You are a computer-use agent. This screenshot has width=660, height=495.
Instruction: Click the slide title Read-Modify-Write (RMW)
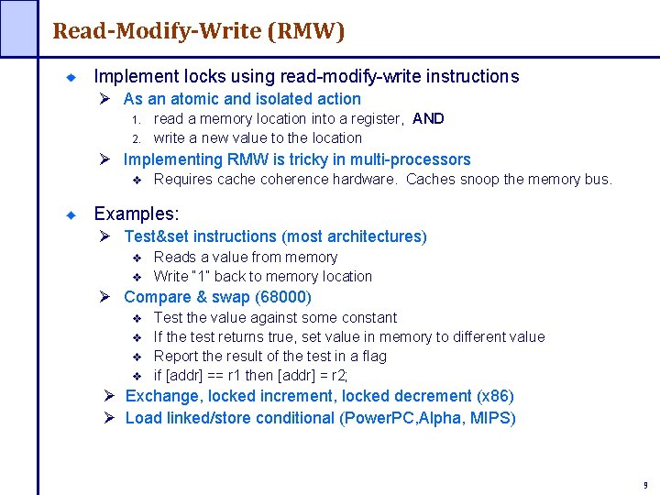click(199, 31)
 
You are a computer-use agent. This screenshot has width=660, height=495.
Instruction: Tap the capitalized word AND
click(428, 118)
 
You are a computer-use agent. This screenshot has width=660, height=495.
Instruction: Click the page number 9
click(645, 484)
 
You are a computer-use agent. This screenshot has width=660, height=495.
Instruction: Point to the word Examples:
click(137, 214)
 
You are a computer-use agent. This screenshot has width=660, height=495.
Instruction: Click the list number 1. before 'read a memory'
click(134, 119)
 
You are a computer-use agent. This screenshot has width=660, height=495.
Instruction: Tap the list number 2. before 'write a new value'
click(134, 138)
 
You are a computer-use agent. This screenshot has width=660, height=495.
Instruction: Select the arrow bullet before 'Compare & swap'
click(105, 297)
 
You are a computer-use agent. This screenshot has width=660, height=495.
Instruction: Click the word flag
click(373, 356)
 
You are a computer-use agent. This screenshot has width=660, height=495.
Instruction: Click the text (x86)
click(496, 396)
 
